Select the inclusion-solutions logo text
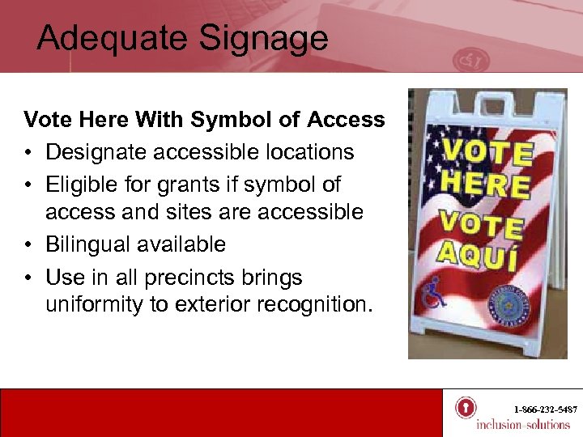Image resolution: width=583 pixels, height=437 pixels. pos(522,425)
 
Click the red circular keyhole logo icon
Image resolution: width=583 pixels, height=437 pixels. pos(466,407)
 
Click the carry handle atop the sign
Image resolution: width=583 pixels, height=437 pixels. pos(485,102)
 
